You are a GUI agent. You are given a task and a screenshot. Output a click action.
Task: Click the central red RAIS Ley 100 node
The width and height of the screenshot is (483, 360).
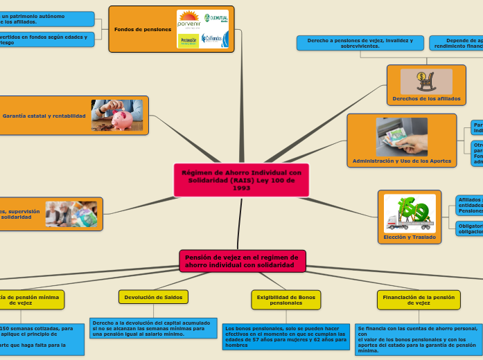[x=241, y=180]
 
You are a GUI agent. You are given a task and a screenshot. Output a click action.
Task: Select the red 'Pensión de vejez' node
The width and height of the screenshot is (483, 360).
[x=242, y=261]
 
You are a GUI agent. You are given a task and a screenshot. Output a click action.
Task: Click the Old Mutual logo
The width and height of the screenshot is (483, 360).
[x=214, y=19]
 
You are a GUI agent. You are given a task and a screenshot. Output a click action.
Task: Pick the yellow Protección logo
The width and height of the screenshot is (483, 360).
[x=188, y=41]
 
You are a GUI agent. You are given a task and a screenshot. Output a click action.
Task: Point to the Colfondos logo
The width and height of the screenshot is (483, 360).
[x=214, y=40]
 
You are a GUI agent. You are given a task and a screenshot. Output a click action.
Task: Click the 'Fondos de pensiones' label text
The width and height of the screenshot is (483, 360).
[x=143, y=30]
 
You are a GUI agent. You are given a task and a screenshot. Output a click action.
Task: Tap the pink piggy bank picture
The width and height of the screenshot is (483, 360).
[x=117, y=115]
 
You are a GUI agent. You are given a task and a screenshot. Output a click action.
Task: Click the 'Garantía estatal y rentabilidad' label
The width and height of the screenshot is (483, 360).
[x=44, y=116]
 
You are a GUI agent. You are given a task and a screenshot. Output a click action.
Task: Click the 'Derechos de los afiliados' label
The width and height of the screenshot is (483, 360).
[x=426, y=98]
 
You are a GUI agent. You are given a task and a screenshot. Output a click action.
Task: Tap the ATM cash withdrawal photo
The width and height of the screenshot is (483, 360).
[x=402, y=136]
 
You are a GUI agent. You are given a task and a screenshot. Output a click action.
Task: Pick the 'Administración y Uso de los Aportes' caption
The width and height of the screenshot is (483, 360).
[x=402, y=161]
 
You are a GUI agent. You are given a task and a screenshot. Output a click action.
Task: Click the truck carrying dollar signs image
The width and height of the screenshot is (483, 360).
[x=410, y=212]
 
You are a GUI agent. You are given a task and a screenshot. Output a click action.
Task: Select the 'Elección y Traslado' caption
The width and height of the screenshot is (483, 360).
[x=410, y=237]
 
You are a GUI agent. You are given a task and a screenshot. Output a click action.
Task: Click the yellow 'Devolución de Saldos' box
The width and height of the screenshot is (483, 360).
[x=153, y=297]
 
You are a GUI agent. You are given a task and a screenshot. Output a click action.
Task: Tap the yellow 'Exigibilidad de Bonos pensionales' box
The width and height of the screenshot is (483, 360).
[x=286, y=300]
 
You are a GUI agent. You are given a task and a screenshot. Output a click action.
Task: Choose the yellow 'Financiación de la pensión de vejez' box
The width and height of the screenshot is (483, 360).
[x=419, y=300]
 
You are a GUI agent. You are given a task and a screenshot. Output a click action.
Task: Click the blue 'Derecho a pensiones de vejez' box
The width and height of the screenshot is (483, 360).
[x=360, y=43]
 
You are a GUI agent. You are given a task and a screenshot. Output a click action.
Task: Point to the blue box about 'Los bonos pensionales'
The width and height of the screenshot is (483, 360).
[x=286, y=336]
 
